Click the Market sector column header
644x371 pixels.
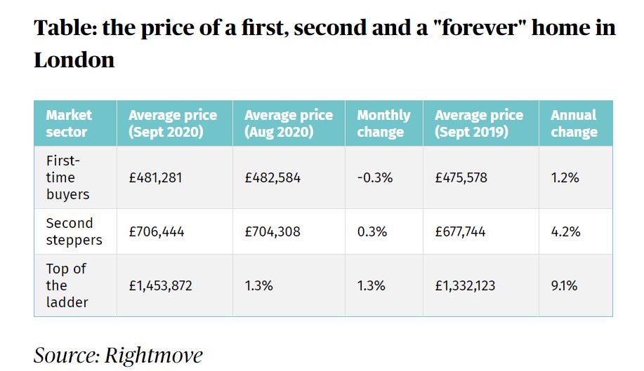tap(70, 123)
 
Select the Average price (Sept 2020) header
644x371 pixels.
tap(173, 123)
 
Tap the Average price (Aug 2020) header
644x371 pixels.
tap(288, 123)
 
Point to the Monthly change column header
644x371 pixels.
tap(383, 123)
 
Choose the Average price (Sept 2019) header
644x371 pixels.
tap(479, 123)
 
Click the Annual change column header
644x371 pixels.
tap(574, 123)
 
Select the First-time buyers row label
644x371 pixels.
tap(67, 177)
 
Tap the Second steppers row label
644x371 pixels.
tap(73, 231)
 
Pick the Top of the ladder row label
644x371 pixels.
tap(67, 285)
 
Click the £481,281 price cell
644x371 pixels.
tap(155, 178)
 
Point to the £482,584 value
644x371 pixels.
tap(272, 178)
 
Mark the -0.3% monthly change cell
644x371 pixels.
tap(375, 178)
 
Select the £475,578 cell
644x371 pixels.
tap(461, 178)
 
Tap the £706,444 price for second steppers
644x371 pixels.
tap(157, 231)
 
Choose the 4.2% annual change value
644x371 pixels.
tap(566, 231)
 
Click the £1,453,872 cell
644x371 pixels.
tap(160, 285)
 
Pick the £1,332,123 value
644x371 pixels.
tap(466, 285)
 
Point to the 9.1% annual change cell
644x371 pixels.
tap(564, 285)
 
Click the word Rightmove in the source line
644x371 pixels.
tap(153, 355)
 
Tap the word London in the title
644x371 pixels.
tap(74, 60)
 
